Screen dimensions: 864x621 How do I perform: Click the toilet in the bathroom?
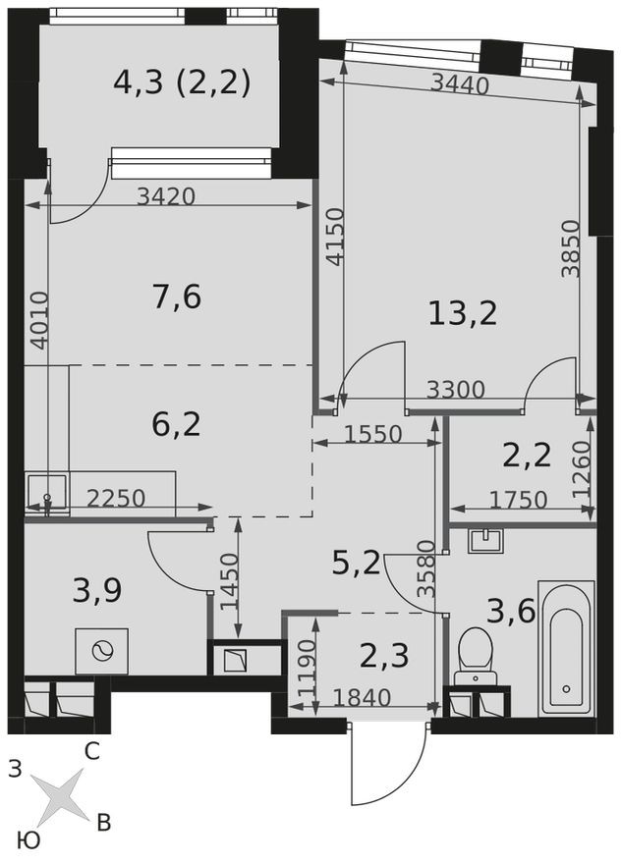pyautogui.click(x=480, y=650)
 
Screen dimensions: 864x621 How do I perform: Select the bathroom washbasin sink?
pyautogui.click(x=485, y=541)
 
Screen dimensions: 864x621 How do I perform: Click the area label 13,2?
pyautogui.click(x=462, y=312)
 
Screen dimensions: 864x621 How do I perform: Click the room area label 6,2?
pyautogui.click(x=177, y=424)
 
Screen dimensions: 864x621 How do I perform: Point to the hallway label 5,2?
pyautogui.click(x=355, y=562)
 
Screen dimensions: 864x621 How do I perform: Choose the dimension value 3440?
pyautogui.click(x=460, y=86)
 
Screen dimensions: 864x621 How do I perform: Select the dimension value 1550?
pyautogui.click(x=372, y=433)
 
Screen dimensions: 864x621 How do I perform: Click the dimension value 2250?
pyautogui.click(x=116, y=499)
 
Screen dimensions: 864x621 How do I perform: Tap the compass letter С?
pyautogui.click(x=91, y=752)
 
